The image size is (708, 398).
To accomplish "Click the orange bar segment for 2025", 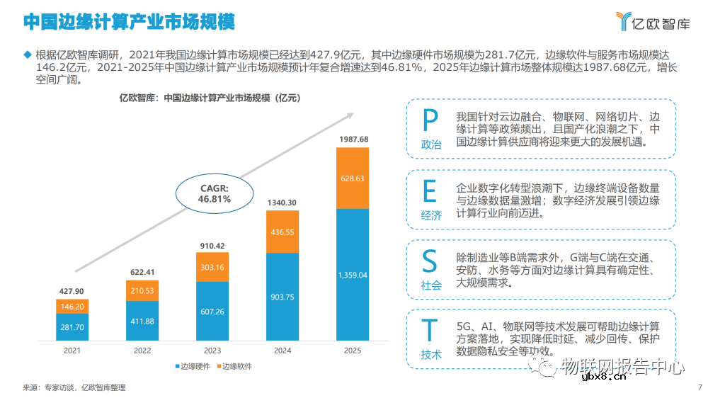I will (x=352, y=178).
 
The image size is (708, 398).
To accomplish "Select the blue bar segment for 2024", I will (x=282, y=297).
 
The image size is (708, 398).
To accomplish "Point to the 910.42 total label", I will (x=212, y=246).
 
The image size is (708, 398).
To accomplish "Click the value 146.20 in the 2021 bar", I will (x=72, y=307).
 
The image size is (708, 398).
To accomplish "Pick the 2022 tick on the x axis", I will (x=142, y=351).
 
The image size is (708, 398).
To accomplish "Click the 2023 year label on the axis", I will (x=212, y=351).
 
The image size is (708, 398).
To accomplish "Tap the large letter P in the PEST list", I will (x=430, y=121).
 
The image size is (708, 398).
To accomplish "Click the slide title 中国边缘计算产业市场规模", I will (x=129, y=22).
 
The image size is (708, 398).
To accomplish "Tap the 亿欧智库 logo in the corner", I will (x=652, y=22).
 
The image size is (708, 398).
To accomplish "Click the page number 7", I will (x=700, y=387).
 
